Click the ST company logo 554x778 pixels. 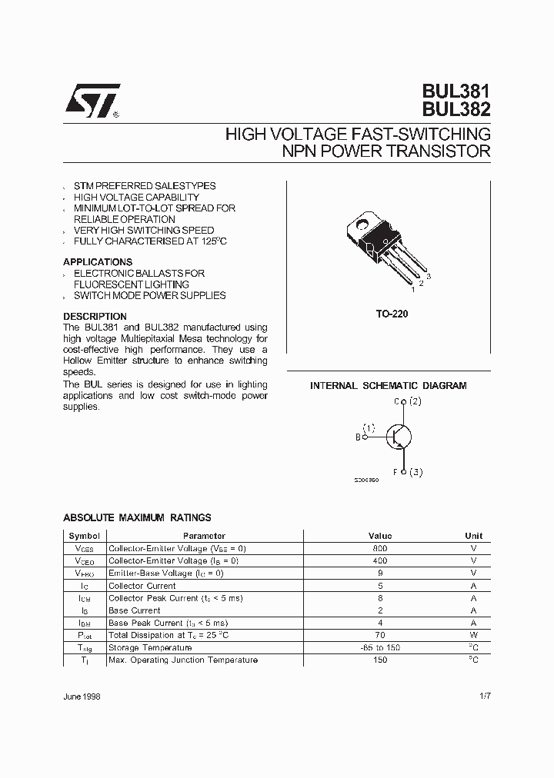[91, 101]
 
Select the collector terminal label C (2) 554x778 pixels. [408, 401]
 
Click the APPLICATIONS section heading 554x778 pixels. [98, 262]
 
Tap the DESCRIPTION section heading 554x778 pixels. [95, 317]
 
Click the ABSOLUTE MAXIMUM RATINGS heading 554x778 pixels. [137, 518]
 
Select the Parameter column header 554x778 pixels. [204, 536]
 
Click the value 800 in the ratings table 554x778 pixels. [379, 548]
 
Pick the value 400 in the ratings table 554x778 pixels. [379, 560]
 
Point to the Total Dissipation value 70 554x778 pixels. [379, 635]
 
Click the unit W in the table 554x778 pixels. [473, 635]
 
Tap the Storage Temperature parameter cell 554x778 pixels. [150, 647]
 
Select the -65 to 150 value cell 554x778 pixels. [379, 647]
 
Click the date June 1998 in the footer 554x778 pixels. [82, 696]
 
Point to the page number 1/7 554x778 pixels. [484, 696]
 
